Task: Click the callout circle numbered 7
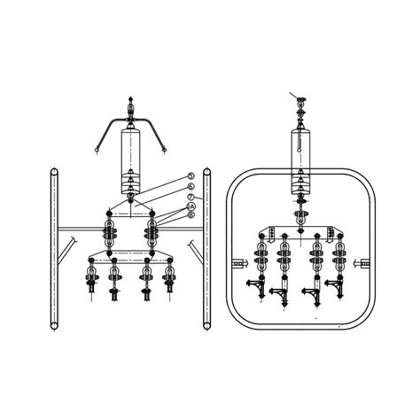(x=191, y=197)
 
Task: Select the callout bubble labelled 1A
(x=191, y=206)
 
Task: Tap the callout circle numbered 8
(x=191, y=215)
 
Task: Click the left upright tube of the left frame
(x=53, y=257)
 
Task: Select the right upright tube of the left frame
(x=206, y=257)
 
